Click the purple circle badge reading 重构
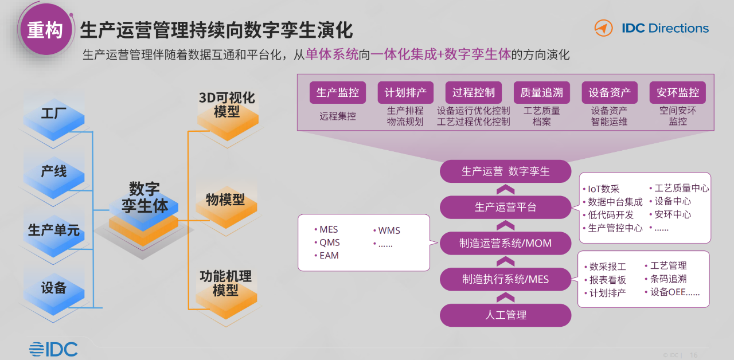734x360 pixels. click(x=45, y=29)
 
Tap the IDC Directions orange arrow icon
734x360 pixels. click(x=603, y=28)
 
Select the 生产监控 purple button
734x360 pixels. click(x=338, y=92)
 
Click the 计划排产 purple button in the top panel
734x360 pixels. click(x=405, y=92)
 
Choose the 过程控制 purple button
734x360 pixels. click(x=474, y=92)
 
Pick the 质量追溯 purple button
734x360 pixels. click(x=542, y=92)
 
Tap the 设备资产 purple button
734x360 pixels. click(x=610, y=92)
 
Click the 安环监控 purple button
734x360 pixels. click(x=678, y=92)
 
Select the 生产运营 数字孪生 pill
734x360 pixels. click(x=506, y=171)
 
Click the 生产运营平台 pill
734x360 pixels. click(x=506, y=208)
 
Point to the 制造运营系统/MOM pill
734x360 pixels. click(x=506, y=244)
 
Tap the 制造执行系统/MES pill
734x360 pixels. click(x=506, y=279)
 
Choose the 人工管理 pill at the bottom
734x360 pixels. click(x=506, y=315)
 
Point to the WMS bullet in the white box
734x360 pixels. click(x=386, y=230)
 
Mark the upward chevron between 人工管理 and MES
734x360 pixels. click(x=506, y=298)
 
